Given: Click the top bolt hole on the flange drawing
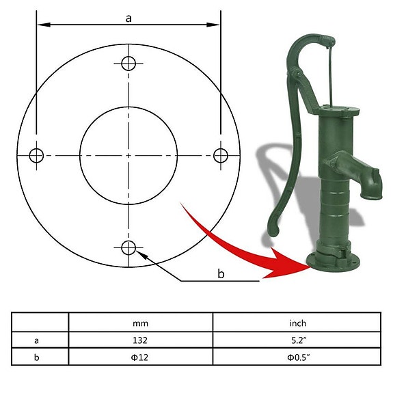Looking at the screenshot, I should (x=128, y=64).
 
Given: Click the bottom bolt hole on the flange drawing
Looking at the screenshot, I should (x=128, y=247).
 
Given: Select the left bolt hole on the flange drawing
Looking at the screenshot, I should (x=37, y=155).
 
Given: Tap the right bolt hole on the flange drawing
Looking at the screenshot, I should (x=220, y=155).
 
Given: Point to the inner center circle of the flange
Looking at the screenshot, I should (x=128, y=155).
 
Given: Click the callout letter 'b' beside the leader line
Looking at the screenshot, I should (x=220, y=274).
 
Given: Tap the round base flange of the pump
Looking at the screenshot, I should (x=334, y=261).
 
